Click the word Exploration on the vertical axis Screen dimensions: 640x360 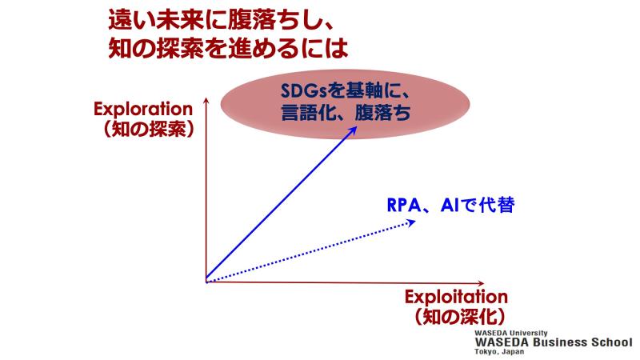click(x=143, y=109)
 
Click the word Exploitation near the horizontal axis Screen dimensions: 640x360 click(x=456, y=297)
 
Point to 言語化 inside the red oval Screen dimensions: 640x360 click(x=307, y=112)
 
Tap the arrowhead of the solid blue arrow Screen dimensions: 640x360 click(x=352, y=131)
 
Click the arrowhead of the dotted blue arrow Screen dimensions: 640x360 click(x=411, y=222)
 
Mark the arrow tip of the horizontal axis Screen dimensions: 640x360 click(x=483, y=283)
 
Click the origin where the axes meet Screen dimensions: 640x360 click(x=206, y=282)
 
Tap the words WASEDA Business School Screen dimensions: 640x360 click(x=554, y=342)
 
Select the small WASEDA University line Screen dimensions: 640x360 click(x=511, y=333)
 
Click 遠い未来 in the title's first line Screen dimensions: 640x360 click(x=155, y=22)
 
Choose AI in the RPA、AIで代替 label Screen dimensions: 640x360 click(x=450, y=206)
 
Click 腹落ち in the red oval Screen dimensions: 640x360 click(x=383, y=112)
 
